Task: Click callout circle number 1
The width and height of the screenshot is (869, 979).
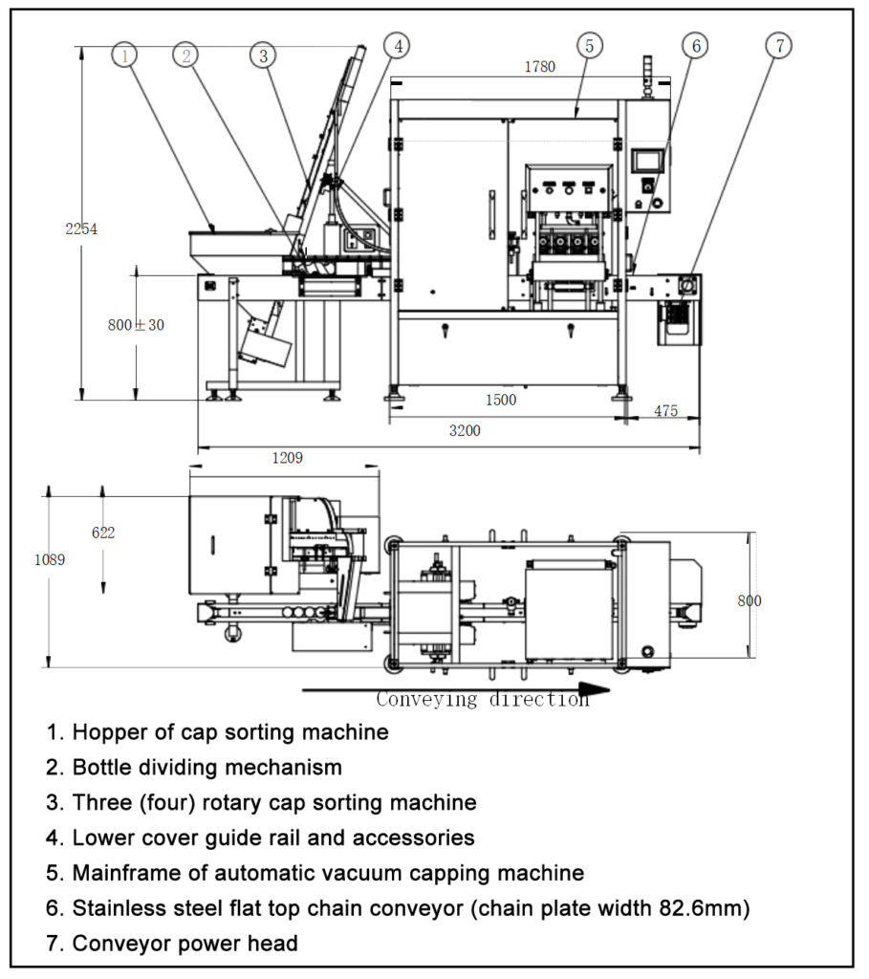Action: (x=125, y=54)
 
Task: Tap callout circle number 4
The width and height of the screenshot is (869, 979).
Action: (x=397, y=45)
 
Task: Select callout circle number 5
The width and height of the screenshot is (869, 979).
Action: (x=590, y=45)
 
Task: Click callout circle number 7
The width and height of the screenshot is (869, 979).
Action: (x=780, y=45)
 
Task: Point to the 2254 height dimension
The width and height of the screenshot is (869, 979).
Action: (x=81, y=228)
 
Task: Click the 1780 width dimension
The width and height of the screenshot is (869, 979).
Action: (x=540, y=67)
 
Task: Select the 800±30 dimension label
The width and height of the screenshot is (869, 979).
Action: (x=136, y=325)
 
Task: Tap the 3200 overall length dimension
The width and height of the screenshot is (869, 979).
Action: (x=466, y=430)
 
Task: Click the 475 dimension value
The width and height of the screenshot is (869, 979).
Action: (x=666, y=410)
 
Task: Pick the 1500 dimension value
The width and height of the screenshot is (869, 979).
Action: (x=501, y=400)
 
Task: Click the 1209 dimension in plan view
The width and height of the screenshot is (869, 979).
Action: (x=287, y=458)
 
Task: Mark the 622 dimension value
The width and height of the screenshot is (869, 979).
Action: (x=103, y=533)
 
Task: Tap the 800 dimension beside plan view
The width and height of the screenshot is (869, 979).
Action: (x=750, y=600)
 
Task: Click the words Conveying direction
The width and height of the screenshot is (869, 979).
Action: (x=482, y=699)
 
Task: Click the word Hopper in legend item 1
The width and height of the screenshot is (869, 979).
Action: (x=105, y=732)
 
